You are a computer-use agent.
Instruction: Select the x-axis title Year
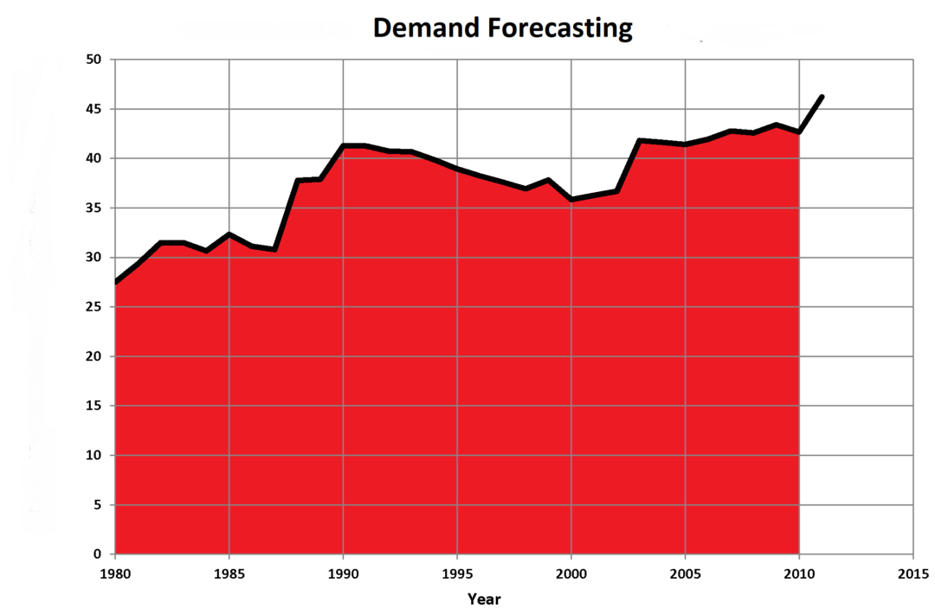[x=484, y=599]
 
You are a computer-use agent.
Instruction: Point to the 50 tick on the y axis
[x=93, y=60]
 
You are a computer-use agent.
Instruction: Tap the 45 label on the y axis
[x=93, y=109]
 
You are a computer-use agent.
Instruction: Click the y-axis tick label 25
[x=93, y=307]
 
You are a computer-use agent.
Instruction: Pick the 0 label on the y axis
[x=98, y=554]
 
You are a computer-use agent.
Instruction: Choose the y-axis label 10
[x=93, y=455]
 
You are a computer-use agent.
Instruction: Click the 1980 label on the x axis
[x=115, y=573]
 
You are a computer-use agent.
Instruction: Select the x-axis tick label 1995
[x=457, y=573]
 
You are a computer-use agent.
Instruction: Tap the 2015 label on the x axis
[x=913, y=573]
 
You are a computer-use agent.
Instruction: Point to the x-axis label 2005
[x=685, y=573]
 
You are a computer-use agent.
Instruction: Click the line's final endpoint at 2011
[x=822, y=97]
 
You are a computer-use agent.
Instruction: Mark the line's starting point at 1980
[x=116, y=282]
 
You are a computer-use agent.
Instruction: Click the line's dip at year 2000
[x=571, y=199]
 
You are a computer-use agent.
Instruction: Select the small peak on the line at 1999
[x=548, y=180]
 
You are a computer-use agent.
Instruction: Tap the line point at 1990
[x=344, y=145]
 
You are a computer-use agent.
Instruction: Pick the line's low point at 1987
[x=274, y=249]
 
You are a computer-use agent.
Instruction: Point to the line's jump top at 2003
[x=640, y=140]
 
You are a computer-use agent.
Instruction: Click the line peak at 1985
[x=229, y=234]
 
